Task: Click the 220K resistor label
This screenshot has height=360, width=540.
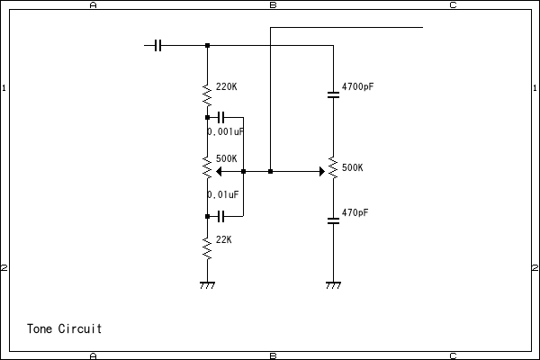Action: pos(227,87)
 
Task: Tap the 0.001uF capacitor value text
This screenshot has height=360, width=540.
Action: pos(226,131)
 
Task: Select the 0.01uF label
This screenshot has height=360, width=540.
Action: pos(223,194)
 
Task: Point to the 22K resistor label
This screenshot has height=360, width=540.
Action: pos(224,239)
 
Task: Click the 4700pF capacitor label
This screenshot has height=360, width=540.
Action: pos(357,87)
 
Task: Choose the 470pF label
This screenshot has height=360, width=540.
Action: pos(355,213)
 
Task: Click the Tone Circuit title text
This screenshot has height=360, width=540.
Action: pos(64,328)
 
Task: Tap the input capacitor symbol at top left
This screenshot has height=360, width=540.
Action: pos(158,45)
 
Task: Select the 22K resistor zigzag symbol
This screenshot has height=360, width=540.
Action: pos(207,246)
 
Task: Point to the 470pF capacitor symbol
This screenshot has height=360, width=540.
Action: pos(333,222)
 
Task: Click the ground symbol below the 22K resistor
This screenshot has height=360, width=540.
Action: pos(207,285)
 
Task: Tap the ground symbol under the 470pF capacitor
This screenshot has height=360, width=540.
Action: pos(333,285)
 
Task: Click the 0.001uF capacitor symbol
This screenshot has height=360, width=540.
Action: pos(221,117)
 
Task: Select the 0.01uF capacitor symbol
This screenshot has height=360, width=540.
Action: pos(221,216)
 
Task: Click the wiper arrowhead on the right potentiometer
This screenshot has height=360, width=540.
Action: pos(321,171)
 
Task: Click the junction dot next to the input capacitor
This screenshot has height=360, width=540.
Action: pos(207,45)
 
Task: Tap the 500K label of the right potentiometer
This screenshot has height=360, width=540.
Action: pos(353,168)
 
